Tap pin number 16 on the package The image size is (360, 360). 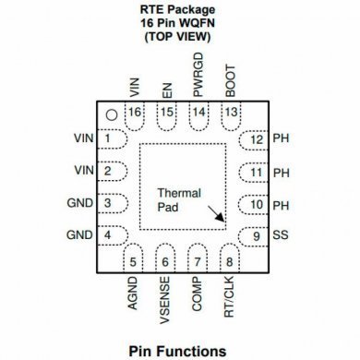coord(136,113)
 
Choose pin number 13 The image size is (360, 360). coord(230,113)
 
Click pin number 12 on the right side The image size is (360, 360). coord(257,140)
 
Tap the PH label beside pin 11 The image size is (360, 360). coord(282,173)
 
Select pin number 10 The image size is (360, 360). coord(257,204)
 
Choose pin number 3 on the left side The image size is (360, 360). coord(110,204)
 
